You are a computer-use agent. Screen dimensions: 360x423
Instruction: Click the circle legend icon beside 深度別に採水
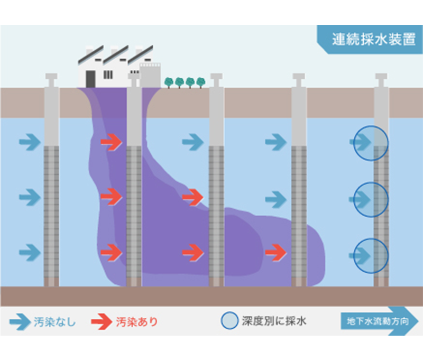point(229,320)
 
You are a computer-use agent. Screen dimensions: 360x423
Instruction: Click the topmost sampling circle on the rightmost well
point(371,143)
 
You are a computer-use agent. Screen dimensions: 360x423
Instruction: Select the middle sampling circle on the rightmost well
point(371,200)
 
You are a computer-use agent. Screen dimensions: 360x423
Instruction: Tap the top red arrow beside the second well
point(111,142)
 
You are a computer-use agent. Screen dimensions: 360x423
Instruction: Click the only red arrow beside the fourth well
point(275,253)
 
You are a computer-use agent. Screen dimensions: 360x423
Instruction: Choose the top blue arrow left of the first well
point(30,142)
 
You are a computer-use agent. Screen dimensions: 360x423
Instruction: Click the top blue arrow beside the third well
point(193,142)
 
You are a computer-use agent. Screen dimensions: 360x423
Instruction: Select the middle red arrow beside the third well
point(193,198)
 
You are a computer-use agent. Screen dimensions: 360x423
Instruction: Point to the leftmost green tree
point(169,82)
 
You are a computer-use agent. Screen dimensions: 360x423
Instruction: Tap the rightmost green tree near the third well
point(200,82)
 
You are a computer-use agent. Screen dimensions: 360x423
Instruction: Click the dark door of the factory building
point(90,79)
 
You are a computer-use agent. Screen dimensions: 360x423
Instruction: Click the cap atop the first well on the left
point(51,80)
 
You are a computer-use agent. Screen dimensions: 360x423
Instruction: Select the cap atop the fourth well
point(299,80)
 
